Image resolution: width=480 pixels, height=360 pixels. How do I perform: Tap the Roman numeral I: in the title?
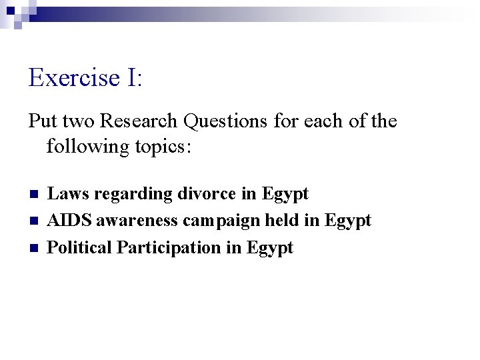[x=132, y=78]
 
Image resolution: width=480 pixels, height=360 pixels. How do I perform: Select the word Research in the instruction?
[x=140, y=121]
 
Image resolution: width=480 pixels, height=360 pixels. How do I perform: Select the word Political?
[x=79, y=248]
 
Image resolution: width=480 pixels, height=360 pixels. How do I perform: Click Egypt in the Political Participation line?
[x=270, y=249]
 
